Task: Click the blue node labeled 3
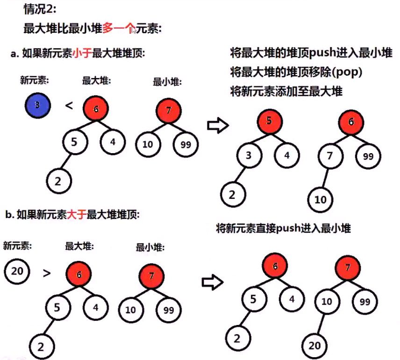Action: click(37, 106)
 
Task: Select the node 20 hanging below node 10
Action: click(314, 345)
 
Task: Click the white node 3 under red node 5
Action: click(248, 155)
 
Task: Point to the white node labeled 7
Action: click(330, 156)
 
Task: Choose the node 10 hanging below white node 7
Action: click(321, 200)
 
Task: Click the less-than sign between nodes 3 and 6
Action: click(69, 106)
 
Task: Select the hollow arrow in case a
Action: click(217, 125)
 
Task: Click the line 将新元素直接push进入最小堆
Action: click(283, 228)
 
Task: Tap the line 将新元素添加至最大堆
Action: click(286, 91)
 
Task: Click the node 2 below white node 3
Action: click(232, 194)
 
